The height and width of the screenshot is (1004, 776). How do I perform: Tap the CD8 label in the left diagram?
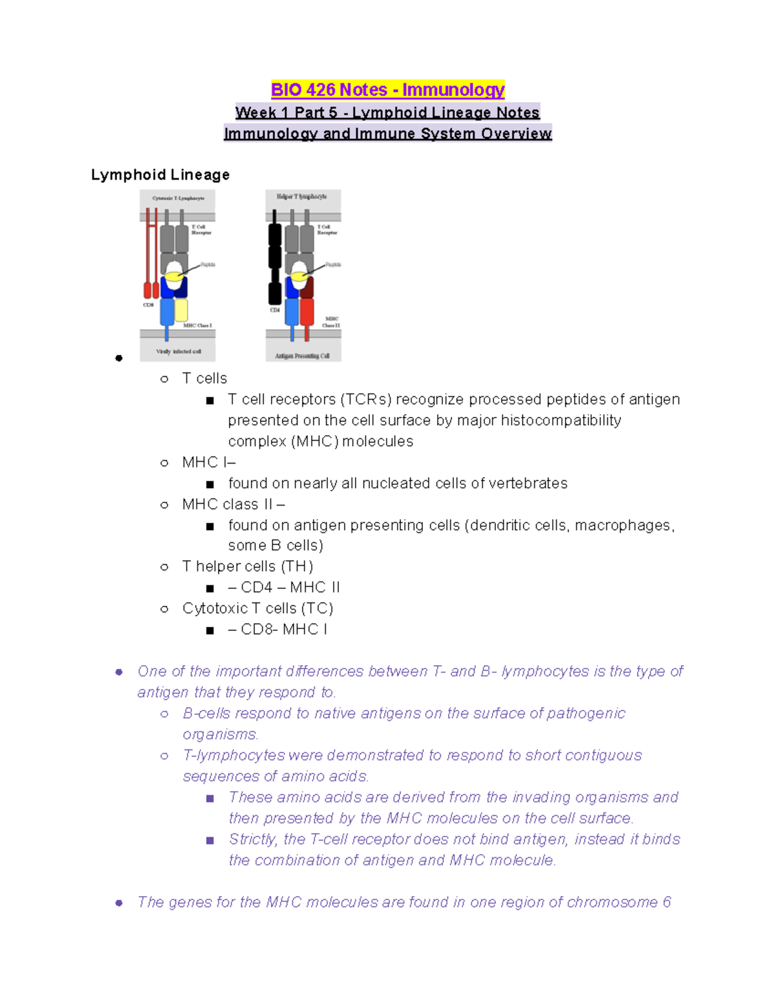pos(148,304)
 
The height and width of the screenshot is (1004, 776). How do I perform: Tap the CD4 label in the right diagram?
pos(275,310)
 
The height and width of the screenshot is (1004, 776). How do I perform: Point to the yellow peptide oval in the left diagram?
pos(173,277)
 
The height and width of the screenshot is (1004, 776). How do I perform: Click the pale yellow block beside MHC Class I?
pos(182,310)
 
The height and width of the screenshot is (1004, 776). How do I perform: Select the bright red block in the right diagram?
pos(307,312)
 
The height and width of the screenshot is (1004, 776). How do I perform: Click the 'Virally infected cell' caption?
pos(178,352)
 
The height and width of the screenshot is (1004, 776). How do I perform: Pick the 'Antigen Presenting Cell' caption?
pos(303,356)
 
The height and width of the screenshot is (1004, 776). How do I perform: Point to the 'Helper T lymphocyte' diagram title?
pos(302,197)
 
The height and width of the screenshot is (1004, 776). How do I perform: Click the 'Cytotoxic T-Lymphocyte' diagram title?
pos(178,198)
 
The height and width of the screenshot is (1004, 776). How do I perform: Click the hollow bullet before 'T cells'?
pos(164,379)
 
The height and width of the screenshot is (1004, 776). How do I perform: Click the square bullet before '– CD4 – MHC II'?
pos(210,588)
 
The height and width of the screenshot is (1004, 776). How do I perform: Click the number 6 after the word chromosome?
pos(667,903)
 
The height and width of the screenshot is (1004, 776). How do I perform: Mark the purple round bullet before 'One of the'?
pos(119,672)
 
